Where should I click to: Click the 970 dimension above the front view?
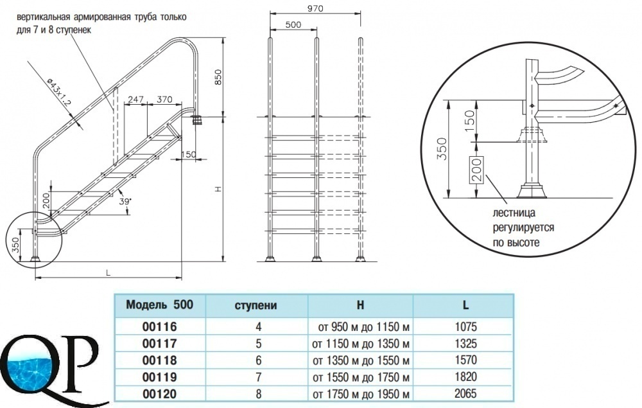[315, 8]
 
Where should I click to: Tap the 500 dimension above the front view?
[293, 24]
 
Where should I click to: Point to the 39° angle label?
[125, 201]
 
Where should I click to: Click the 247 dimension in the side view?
[135, 99]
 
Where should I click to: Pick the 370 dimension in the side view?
[164, 99]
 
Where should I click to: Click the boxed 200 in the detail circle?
[477, 170]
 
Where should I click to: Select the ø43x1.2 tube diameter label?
[59, 92]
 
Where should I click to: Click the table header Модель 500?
[159, 305]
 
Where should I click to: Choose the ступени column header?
[256, 306]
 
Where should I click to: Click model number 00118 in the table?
[160, 360]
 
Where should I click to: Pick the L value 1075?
[466, 326]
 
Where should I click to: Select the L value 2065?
[466, 394]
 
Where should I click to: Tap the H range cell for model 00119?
[361, 377]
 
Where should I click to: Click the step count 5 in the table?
[258, 343]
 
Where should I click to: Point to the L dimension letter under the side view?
[108, 272]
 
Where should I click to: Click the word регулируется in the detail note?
[523, 227]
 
